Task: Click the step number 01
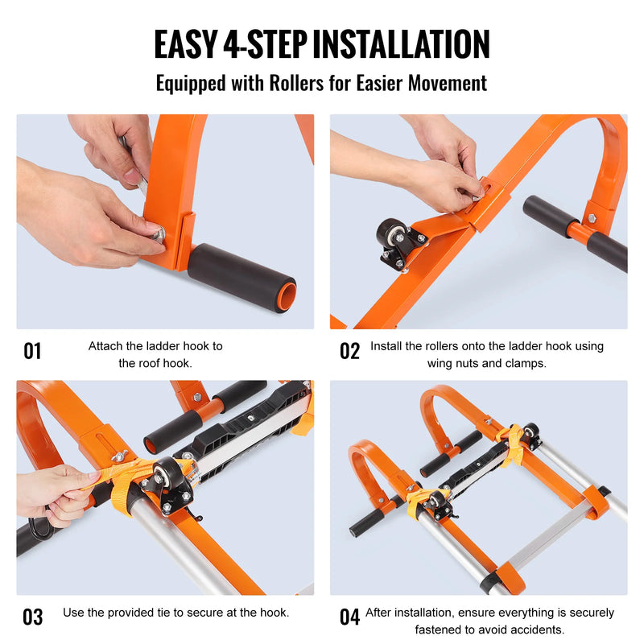(32, 351)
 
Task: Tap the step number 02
(349, 351)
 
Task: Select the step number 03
(32, 617)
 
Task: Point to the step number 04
(349, 617)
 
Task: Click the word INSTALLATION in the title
(401, 44)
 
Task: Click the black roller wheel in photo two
(390, 234)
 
